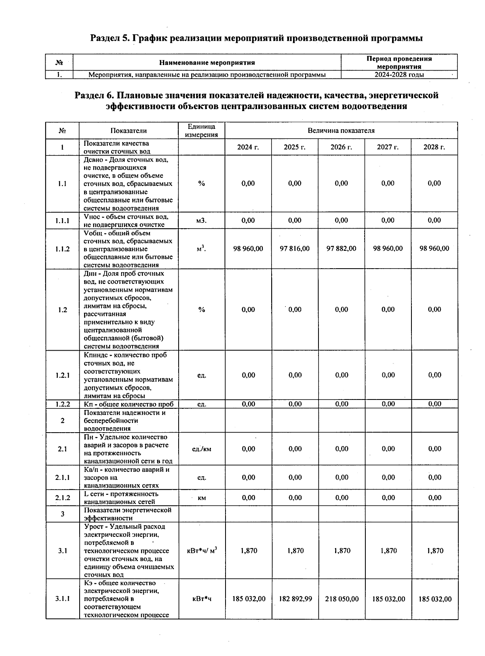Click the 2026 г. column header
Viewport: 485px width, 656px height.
(341, 147)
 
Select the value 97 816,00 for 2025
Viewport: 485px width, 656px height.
(295, 248)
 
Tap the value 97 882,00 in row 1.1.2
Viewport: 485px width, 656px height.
(341, 248)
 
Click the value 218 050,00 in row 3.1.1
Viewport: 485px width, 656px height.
(342, 599)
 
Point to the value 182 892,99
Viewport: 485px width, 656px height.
(295, 599)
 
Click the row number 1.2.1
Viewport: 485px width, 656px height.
(62, 375)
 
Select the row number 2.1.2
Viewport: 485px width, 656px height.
(62, 498)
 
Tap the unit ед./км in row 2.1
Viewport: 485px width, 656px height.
(201, 449)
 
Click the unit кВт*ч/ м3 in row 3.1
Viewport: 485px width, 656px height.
(201, 550)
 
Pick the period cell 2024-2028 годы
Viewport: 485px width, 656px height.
(399, 75)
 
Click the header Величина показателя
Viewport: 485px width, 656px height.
(341, 130)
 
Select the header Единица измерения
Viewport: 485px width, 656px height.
(201, 130)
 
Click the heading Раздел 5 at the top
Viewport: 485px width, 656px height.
(256, 38)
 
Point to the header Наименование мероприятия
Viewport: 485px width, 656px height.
(207, 63)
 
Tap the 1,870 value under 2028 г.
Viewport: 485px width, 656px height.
(435, 551)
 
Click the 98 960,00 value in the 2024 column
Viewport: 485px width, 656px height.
(248, 248)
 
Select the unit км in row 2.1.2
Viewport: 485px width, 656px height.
(202, 498)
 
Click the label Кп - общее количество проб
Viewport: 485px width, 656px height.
(129, 404)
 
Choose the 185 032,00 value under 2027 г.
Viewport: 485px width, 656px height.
(388, 599)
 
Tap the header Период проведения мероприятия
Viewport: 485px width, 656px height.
(399, 62)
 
